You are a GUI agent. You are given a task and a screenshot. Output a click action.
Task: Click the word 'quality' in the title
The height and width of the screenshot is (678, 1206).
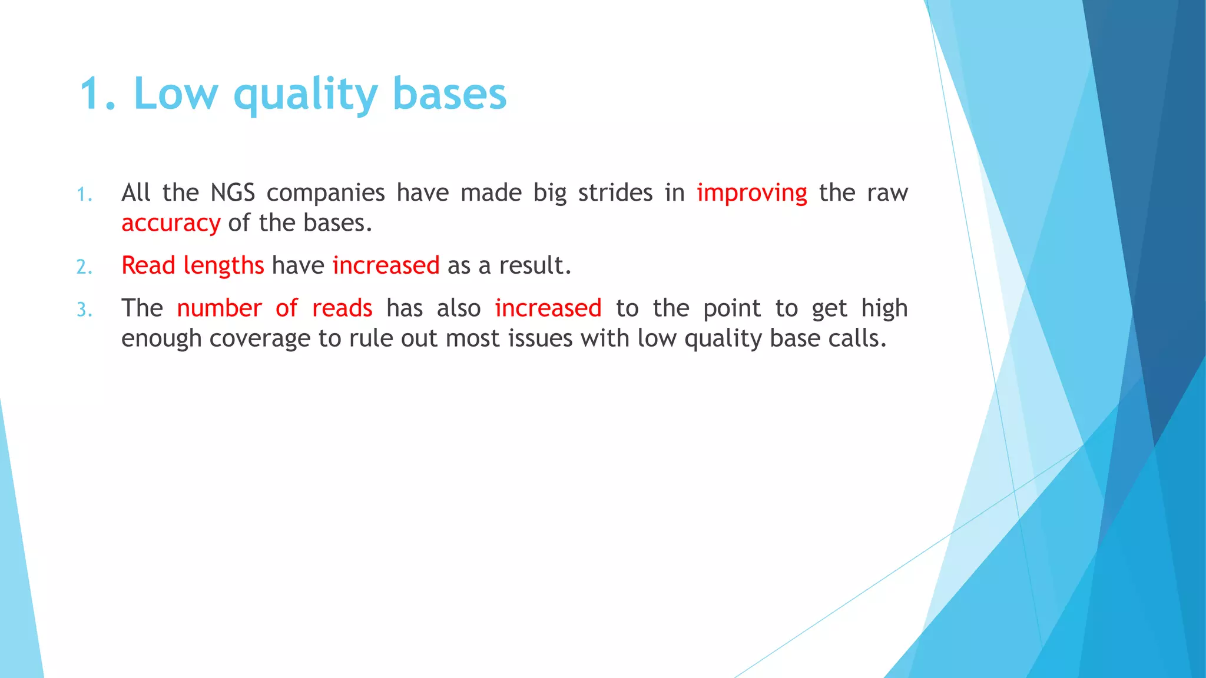(x=306, y=94)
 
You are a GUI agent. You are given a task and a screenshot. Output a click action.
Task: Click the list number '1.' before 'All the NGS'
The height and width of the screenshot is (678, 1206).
(x=85, y=195)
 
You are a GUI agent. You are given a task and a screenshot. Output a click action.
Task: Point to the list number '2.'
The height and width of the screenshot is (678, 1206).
(x=85, y=268)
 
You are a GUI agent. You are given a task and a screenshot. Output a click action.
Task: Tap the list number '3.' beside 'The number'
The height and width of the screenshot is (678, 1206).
(x=85, y=310)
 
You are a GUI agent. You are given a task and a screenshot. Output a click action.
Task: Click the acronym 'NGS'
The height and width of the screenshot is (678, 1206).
(x=233, y=193)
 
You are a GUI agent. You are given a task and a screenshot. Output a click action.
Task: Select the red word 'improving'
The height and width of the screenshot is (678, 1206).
(x=751, y=193)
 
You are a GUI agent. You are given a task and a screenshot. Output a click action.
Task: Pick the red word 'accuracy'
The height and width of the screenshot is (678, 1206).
(x=171, y=224)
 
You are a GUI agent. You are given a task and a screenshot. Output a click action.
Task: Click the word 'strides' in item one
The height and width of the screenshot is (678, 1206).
(x=615, y=193)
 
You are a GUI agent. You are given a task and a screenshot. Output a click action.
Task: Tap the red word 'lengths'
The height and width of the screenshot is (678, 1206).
(x=223, y=266)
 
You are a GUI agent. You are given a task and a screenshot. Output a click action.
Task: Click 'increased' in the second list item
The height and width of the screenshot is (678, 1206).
(x=386, y=266)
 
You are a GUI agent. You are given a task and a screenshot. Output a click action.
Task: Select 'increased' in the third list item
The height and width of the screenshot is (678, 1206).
(x=548, y=308)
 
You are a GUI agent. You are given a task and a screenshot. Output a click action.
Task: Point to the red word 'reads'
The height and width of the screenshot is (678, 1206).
(x=342, y=308)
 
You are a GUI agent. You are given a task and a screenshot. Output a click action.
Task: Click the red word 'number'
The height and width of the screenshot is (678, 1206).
(x=219, y=308)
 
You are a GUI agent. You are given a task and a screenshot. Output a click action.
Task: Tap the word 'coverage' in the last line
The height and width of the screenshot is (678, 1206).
(x=260, y=339)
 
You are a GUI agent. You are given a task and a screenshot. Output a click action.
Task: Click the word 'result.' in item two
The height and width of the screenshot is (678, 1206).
(x=535, y=266)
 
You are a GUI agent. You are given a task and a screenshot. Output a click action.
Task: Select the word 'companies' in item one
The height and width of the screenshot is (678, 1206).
(x=326, y=193)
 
